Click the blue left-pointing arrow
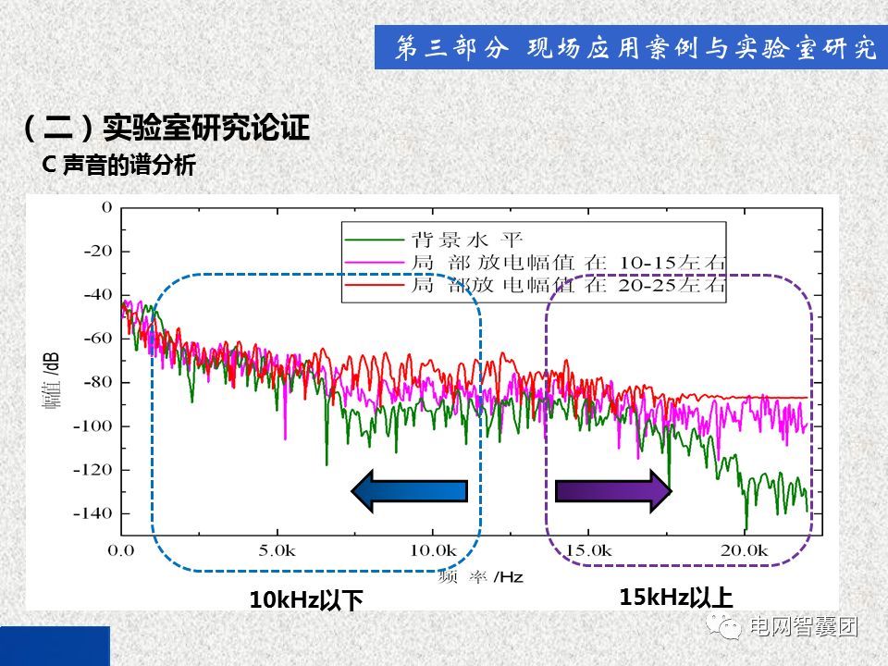(x=410, y=490)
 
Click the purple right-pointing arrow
(x=613, y=490)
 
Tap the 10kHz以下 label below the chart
(x=306, y=600)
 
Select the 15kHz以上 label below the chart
(x=676, y=597)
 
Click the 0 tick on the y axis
(x=106, y=207)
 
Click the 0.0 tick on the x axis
(x=121, y=550)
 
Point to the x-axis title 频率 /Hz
(x=481, y=577)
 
